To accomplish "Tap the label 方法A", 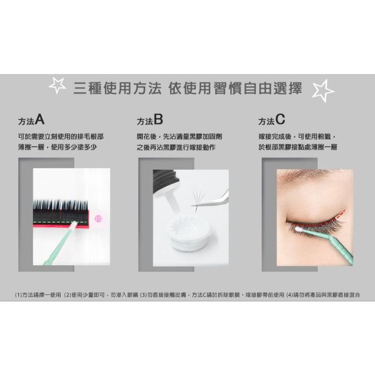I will pyautogui.click(x=31, y=121).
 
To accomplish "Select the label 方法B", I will pyautogui.click(x=150, y=121).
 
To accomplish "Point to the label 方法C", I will pyautogui.click(x=271, y=121).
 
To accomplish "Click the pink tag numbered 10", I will pyautogui.click(x=98, y=218).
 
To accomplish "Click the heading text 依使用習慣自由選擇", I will pyautogui.click(x=235, y=89).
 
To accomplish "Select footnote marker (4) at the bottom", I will pyautogui.click(x=291, y=295).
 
